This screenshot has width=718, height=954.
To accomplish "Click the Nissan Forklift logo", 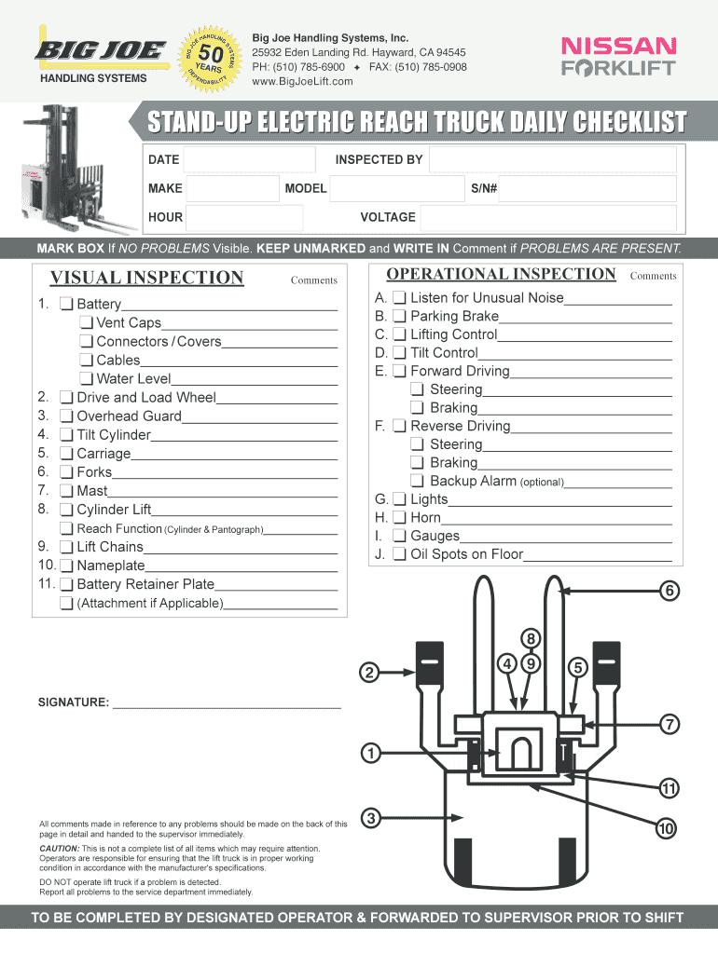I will coord(617,57).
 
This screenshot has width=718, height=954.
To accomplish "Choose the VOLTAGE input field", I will coord(547,218).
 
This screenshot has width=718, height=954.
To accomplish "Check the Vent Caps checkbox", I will coord(87,323).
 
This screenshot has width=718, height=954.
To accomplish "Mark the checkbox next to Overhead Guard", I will coord(67,416).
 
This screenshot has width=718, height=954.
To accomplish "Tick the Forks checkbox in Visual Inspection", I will coord(67,472).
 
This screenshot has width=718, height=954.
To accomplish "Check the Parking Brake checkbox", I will coord(400,317).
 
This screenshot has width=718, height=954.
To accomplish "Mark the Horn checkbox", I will coord(400,518).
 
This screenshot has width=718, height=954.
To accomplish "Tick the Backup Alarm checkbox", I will coord(420,481).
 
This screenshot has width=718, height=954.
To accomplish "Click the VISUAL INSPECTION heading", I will coord(146,278).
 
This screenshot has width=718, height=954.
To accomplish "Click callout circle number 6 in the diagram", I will coord(670,591).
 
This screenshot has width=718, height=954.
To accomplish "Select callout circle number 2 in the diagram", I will coord(370,672).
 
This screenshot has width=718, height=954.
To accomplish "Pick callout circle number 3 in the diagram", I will coord(371,819).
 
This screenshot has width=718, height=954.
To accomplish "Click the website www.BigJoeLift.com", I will coord(303,82).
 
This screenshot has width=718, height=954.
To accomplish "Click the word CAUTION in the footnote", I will coord(58,850).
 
